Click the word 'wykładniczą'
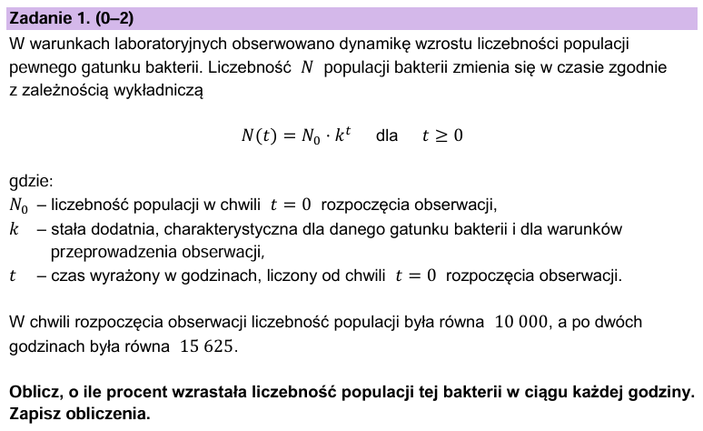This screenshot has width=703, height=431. coord(161,91)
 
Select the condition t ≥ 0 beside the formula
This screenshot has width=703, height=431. coord(442,136)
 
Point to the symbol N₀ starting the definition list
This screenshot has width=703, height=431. coord(21,204)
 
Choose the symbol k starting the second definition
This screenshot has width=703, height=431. coord(15,228)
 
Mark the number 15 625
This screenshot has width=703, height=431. coord(206,346)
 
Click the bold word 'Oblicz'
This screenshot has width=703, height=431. coord(34,392)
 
